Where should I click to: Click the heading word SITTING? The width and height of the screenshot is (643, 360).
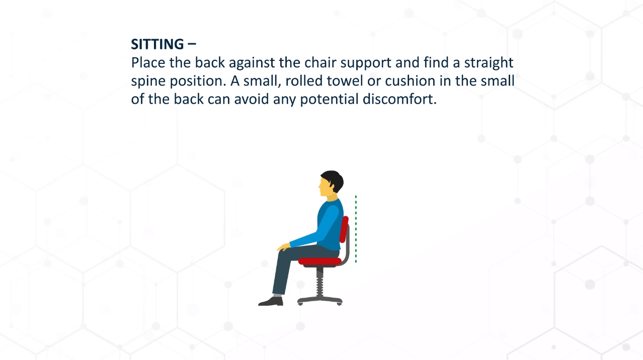(157, 44)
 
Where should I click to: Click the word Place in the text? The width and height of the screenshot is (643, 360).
(148, 62)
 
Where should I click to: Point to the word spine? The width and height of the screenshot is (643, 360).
(148, 81)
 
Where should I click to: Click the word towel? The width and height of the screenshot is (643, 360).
(345, 81)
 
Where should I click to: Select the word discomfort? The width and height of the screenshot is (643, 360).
(399, 99)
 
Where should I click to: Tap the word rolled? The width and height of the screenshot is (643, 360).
(304, 81)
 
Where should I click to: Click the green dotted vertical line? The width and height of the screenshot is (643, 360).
(356, 229)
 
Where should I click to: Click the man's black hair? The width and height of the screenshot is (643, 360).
(333, 179)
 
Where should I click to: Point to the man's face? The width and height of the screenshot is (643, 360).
(325, 188)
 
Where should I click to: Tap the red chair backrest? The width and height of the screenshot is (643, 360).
(344, 229)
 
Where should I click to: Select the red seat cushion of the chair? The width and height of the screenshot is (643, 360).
(320, 261)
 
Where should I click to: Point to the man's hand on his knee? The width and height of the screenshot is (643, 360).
(284, 247)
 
